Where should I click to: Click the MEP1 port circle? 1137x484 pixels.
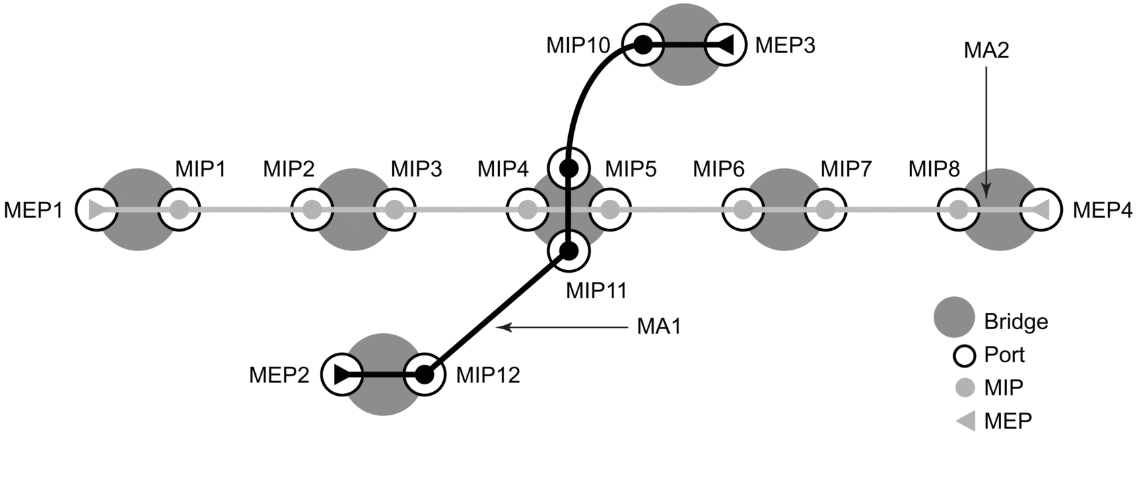(x=96, y=210)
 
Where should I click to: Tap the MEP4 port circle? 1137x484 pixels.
(x=1041, y=210)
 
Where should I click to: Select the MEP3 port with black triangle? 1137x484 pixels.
(x=724, y=45)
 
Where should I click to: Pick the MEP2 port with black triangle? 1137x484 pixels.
(x=342, y=374)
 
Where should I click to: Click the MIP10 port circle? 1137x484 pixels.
(x=643, y=45)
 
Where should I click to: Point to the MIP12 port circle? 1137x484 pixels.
(x=424, y=374)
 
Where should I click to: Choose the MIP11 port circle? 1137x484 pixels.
(x=569, y=251)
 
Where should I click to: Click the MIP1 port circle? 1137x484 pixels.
(x=178, y=210)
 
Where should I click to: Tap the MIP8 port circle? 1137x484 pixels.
(x=958, y=210)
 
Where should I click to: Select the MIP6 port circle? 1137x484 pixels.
(x=743, y=210)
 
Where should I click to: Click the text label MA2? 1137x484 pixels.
(x=986, y=50)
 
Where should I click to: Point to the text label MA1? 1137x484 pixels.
(x=658, y=327)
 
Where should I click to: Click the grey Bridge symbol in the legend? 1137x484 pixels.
(x=954, y=318)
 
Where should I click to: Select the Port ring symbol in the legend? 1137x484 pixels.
(x=965, y=355)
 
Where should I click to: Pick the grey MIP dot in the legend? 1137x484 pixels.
(x=965, y=388)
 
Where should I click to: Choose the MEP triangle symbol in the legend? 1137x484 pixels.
(x=966, y=421)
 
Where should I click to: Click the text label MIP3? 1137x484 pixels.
(x=417, y=169)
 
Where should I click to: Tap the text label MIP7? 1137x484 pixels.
(x=846, y=169)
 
